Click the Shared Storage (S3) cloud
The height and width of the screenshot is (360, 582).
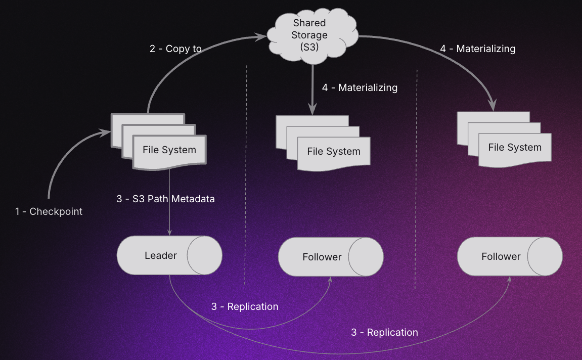(309, 35)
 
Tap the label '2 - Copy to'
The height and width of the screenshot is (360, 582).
(175, 49)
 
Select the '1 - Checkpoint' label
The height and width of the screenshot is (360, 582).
(49, 211)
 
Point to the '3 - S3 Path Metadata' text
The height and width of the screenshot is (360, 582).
(165, 199)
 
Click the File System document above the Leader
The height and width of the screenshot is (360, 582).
(169, 150)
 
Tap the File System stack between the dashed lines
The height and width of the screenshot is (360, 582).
(333, 151)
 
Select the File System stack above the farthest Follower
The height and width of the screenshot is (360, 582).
(514, 148)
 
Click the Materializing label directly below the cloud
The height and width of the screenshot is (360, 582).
(360, 87)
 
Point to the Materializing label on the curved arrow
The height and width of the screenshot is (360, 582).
(477, 49)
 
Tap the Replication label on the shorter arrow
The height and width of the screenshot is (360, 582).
(245, 306)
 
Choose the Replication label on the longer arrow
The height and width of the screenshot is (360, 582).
(384, 332)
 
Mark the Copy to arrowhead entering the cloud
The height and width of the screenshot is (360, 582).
(262, 36)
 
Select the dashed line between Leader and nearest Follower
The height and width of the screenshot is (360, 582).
(246, 177)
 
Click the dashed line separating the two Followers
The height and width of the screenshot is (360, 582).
(416, 177)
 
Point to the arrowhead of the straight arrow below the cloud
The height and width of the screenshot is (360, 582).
(312, 109)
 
